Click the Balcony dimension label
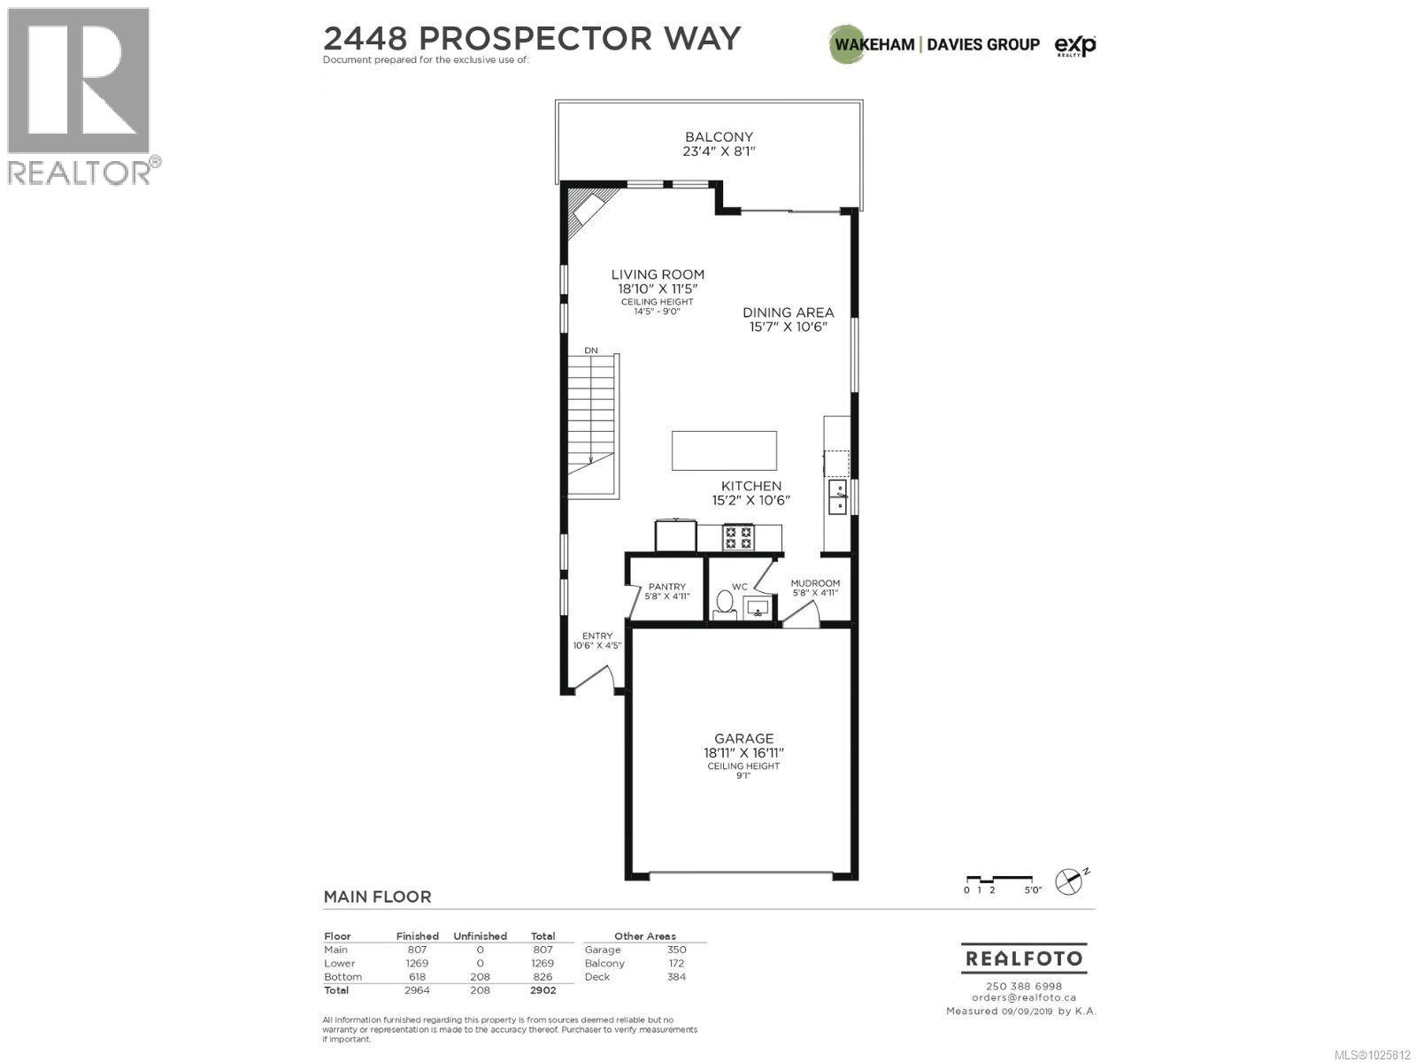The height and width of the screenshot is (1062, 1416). [719, 151]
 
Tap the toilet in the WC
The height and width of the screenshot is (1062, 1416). [724, 604]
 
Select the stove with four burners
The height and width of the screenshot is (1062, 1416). [738, 536]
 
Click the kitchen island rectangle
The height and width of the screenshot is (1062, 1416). [724, 450]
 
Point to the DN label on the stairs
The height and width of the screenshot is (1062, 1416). [590, 350]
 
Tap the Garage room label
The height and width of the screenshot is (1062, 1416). [743, 738]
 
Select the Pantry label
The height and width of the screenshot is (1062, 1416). [666, 587]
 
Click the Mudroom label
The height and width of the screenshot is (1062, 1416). [814, 583]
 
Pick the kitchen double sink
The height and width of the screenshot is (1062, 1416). [836, 496]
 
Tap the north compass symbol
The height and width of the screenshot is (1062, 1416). [1072, 881]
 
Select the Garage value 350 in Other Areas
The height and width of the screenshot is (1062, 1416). [676, 950]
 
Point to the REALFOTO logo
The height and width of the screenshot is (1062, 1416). [1023, 958]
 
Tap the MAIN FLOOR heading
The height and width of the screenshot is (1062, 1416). [377, 897]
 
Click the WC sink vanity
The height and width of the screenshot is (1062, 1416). [755, 608]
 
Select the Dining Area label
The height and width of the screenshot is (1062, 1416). [788, 312]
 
